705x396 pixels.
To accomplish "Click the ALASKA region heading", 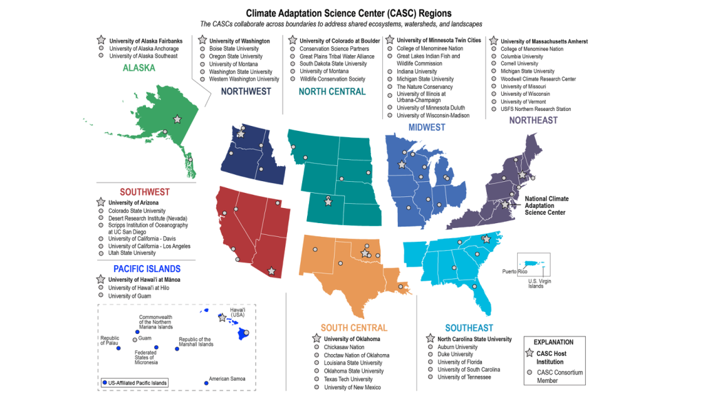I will tap(143, 67).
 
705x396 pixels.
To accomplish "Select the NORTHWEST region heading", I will tap(246, 92).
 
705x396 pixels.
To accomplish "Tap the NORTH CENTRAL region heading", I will tap(332, 92).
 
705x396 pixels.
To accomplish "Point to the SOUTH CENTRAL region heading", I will tap(354, 328).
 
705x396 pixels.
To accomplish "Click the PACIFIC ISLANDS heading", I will tap(147, 269).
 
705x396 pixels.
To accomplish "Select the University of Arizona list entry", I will tap(133, 203).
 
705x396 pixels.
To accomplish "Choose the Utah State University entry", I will tap(131, 253).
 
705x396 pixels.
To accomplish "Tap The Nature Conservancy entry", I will tap(425, 87).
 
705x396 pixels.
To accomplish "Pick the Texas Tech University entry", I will tap(348, 379).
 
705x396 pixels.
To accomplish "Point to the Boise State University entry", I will tap(234, 49).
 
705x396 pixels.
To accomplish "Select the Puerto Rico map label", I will tap(514, 271).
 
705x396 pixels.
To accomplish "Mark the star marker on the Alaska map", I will tap(178, 120).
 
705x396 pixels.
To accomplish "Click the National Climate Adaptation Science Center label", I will tap(547, 206).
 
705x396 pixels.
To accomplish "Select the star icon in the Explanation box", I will tap(529, 353).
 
